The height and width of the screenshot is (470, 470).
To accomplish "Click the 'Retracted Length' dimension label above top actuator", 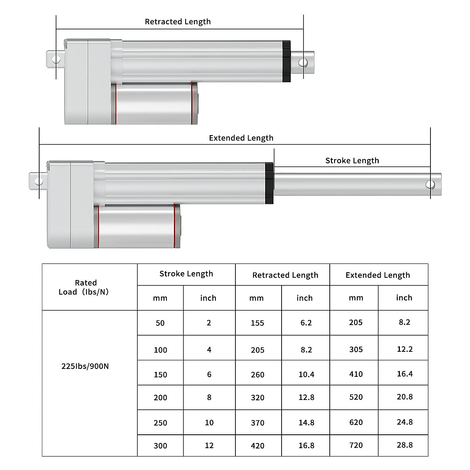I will point(178,22).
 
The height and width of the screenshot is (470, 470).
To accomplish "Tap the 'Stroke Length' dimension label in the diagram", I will point(352,161).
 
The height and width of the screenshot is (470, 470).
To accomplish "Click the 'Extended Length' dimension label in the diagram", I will point(241,138).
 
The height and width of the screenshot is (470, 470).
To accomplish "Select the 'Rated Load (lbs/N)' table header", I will point(86,287).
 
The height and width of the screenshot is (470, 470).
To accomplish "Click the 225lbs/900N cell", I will point(85,367).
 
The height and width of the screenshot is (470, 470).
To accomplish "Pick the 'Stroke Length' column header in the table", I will point(186,274).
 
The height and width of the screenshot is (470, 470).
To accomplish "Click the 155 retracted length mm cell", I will point(257,323).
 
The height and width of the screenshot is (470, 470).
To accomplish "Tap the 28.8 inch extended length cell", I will point(405,445).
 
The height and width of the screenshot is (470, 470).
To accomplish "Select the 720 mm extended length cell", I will point(356,445).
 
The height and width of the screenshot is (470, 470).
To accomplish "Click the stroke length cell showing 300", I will point(160,446).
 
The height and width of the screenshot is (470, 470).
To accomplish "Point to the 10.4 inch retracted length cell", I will point(306,375).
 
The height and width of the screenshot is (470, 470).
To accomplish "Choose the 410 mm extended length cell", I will point(356,374).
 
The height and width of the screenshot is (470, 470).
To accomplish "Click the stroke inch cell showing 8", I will point(209,398).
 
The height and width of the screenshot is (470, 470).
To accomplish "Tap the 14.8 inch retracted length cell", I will point(306,423).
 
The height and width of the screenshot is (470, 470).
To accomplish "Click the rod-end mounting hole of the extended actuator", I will point(430,184).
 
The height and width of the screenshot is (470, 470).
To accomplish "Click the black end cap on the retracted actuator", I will point(286,61).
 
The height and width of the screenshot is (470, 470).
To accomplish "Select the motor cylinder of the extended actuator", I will point(137,226).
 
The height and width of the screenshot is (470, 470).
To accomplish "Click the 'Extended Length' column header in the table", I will point(378,275).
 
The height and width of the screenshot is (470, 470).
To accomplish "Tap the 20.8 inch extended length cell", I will point(405,397).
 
